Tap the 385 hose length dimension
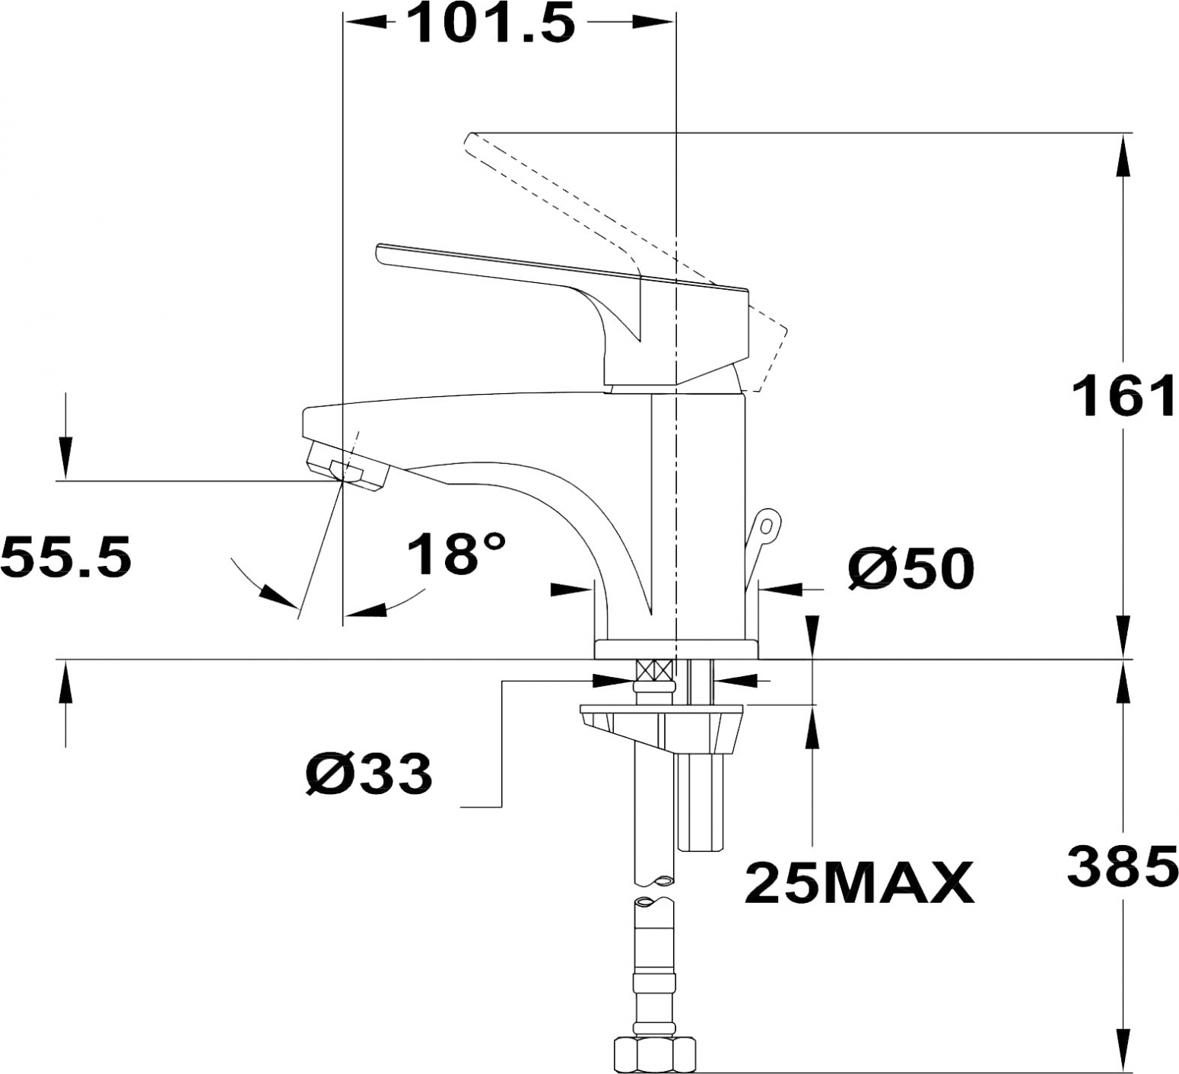tap(1123, 866)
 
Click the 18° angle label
tap(455, 554)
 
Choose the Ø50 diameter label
tap(910, 568)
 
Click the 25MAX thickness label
tap(860, 882)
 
